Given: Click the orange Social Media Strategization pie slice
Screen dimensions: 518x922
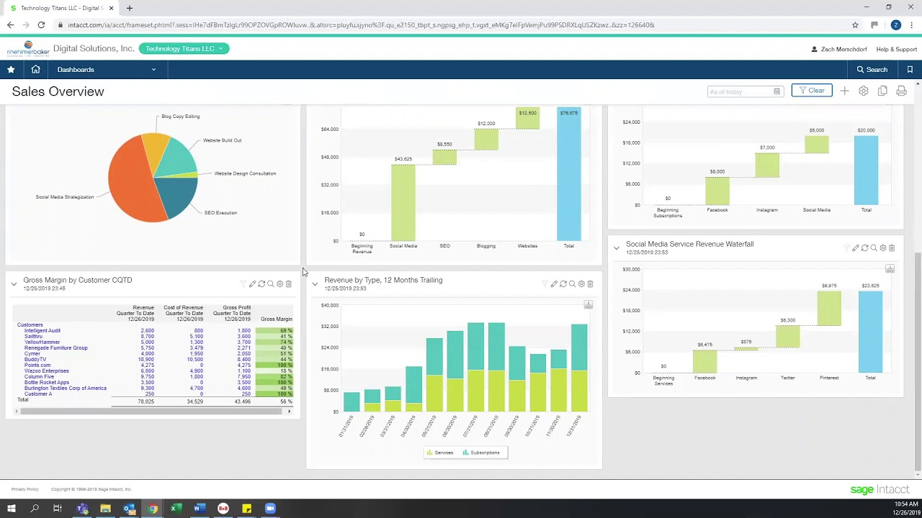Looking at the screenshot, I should pos(133,183).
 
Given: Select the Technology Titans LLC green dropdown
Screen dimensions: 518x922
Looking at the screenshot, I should pos(184,48).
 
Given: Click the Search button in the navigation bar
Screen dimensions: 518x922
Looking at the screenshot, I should pos(872,70).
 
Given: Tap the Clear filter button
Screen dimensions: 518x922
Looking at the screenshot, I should pos(811,91).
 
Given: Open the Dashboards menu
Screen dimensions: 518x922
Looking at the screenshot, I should pos(107,70).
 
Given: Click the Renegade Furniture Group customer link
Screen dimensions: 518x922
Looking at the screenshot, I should pos(55,348).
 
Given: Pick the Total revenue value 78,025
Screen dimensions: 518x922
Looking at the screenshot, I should pos(146,401).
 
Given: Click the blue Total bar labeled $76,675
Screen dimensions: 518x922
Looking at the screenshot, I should pos(569,176).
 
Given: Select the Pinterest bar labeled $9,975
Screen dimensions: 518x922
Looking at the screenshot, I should pos(829,309).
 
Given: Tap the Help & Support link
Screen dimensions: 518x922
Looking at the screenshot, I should pos(896,50).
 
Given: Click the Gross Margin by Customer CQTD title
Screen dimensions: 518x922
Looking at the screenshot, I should pos(77,280).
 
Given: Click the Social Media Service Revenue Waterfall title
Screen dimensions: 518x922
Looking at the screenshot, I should pos(689,244).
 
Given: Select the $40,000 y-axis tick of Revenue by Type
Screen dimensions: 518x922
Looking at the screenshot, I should pos(329,305).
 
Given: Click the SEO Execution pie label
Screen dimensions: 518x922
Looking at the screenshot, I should pos(220,213).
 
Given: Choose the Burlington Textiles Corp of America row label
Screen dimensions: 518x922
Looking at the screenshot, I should pos(65,388).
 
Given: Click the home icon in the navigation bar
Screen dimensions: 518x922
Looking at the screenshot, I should pos(35,70).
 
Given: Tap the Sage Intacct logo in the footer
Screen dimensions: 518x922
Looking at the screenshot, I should pos(880,490).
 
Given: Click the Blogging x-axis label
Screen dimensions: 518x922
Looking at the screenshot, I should pos(485,246).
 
